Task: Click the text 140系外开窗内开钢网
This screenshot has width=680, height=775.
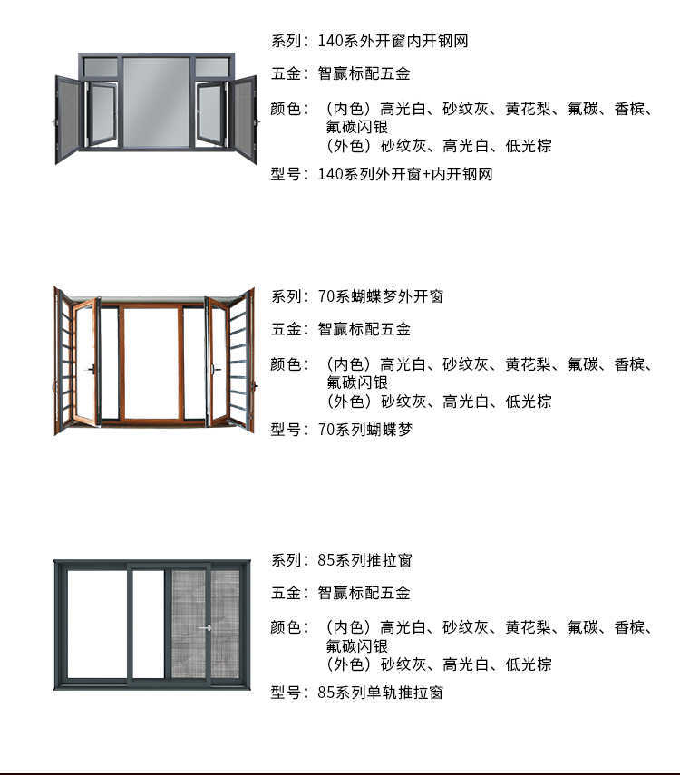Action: [393, 41]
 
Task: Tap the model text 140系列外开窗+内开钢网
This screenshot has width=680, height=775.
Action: [405, 174]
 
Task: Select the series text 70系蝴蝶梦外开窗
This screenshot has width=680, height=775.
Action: [380, 296]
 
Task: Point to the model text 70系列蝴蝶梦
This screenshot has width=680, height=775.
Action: [364, 430]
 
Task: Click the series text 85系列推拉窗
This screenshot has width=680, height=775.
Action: [364, 560]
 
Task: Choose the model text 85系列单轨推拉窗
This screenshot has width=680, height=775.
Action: [380, 693]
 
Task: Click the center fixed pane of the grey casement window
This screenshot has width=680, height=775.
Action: [156, 102]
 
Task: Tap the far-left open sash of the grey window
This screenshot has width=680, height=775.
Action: [68, 118]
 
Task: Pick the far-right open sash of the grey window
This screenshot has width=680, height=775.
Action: [244, 118]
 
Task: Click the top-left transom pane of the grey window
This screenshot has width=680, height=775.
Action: [101, 67]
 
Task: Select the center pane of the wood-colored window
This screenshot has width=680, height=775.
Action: [151, 363]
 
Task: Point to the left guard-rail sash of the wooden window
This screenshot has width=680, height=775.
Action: [63, 361]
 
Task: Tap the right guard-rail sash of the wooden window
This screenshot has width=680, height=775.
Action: [239, 361]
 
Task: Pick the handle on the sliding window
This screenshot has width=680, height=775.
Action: [207, 627]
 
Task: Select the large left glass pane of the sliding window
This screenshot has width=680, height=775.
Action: [97, 624]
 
